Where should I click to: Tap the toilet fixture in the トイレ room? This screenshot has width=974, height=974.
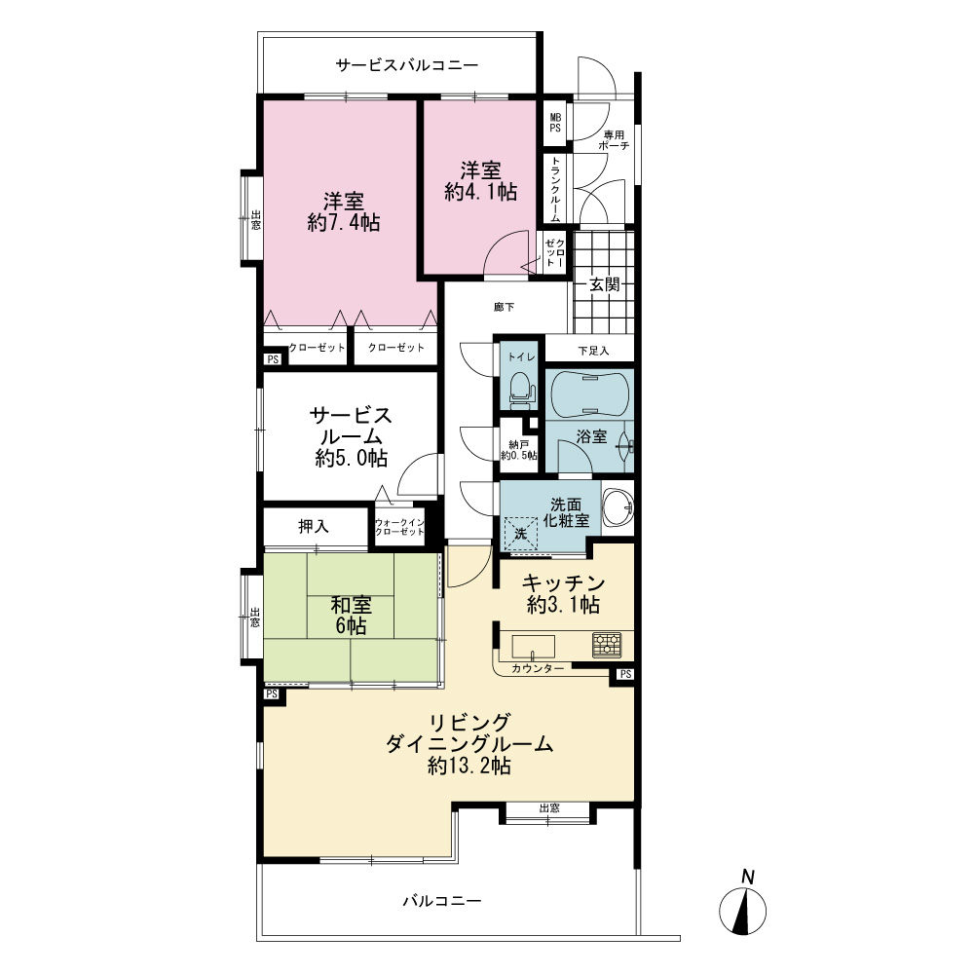(x=522, y=392)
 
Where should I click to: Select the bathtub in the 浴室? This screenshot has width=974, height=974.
(x=589, y=393)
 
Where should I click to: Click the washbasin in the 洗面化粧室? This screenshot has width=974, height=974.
(x=618, y=506)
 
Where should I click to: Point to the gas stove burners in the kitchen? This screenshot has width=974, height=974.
(x=606, y=645)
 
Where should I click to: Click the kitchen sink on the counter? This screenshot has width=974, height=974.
(x=533, y=647)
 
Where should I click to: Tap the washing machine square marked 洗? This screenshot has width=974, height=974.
(x=520, y=533)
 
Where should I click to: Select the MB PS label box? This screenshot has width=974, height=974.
(x=555, y=123)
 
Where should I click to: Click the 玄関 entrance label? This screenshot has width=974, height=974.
(x=604, y=284)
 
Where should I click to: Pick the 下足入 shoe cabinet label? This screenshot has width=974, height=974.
(x=593, y=351)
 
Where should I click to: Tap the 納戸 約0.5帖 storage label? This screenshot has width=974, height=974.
(x=519, y=450)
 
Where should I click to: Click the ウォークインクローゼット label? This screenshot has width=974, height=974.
(x=399, y=527)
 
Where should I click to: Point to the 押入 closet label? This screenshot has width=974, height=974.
(x=313, y=527)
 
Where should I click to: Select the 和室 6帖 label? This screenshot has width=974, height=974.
(x=352, y=615)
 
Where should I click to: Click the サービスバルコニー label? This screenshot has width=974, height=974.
(x=407, y=64)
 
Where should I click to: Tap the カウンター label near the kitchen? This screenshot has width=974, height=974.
(x=538, y=668)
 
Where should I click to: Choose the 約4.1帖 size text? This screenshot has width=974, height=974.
(x=481, y=192)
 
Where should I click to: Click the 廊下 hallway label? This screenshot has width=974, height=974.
(x=504, y=307)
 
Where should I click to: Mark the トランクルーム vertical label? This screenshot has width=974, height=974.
(x=555, y=189)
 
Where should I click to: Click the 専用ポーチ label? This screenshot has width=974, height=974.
(x=614, y=139)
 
